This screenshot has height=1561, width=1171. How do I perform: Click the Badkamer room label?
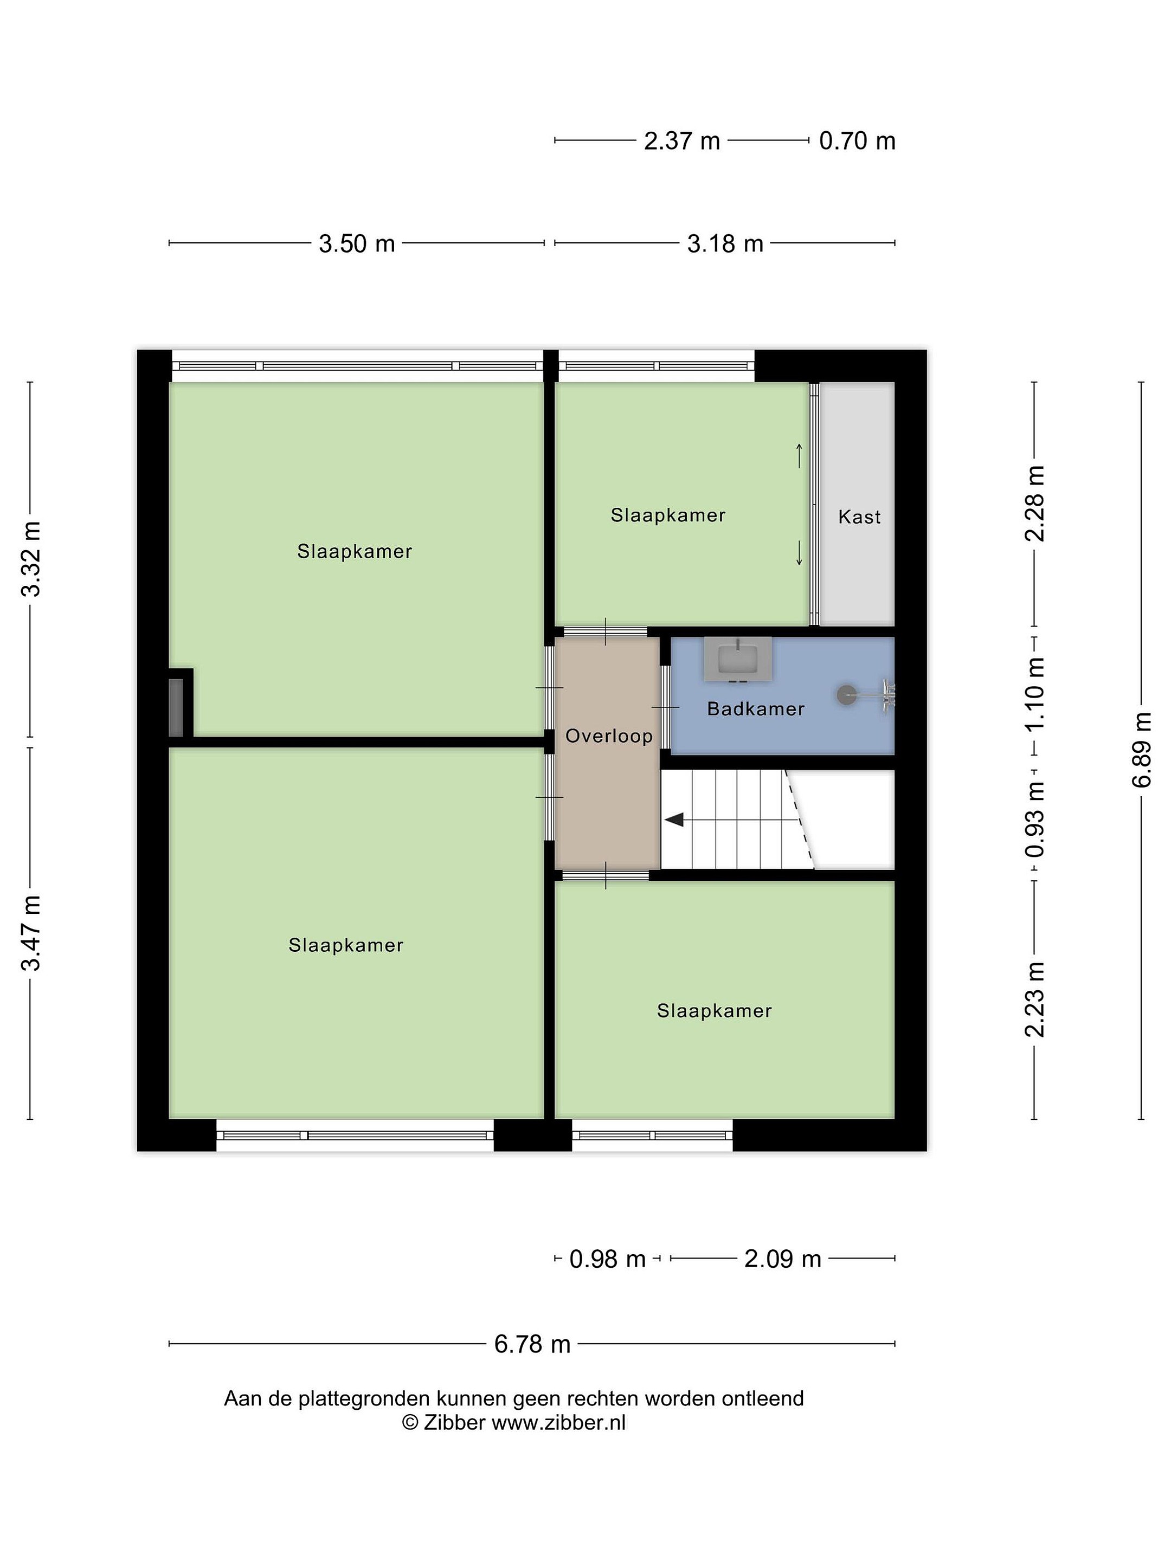pyautogui.click(x=755, y=708)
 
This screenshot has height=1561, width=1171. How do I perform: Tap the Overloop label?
pyautogui.click(x=608, y=736)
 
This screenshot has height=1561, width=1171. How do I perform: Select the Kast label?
pyautogui.click(x=859, y=517)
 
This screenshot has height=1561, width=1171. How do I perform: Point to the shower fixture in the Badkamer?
pyautogui.click(x=866, y=695)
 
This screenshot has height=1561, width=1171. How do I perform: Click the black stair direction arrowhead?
pyautogui.click(x=675, y=820)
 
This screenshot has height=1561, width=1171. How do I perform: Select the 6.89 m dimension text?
pyautogui.click(x=1141, y=750)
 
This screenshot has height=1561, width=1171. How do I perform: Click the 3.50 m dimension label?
pyautogui.click(x=357, y=243)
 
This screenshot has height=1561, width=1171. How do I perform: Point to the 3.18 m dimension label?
pyautogui.click(x=725, y=243)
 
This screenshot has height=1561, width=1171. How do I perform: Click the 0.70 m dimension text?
pyautogui.click(x=857, y=141)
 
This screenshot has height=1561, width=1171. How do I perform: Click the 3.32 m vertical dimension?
pyautogui.click(x=30, y=559)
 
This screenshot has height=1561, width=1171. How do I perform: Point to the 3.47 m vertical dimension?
pyautogui.click(x=30, y=933)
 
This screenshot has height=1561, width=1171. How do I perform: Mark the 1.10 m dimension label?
pyautogui.click(x=1035, y=694)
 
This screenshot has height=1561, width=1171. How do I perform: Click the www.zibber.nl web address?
pyautogui.click(x=558, y=1422)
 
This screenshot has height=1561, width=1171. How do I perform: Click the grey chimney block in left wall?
pyautogui.click(x=176, y=707)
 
